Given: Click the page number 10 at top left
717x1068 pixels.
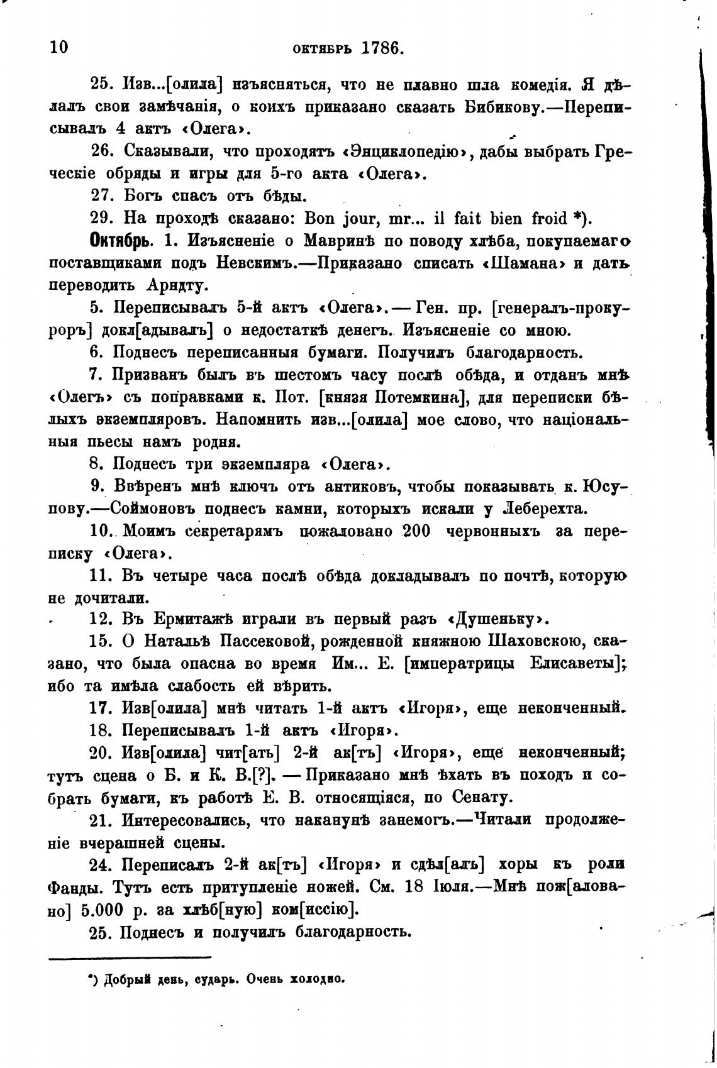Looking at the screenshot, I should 58,48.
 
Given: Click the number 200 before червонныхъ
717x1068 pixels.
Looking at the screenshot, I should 416,531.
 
